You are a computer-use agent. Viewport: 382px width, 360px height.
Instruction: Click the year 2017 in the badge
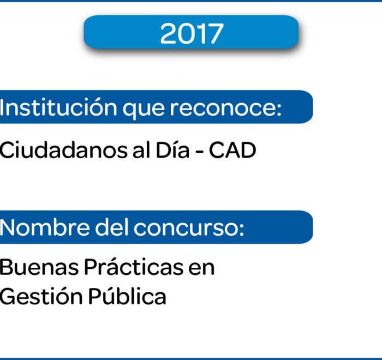[192, 33]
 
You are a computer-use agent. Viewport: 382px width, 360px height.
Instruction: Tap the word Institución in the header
[58, 107]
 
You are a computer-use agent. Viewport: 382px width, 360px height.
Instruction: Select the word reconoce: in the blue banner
[225, 108]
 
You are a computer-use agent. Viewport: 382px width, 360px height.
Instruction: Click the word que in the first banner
[144, 110]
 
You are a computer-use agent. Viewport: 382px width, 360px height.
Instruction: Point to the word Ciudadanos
[63, 151]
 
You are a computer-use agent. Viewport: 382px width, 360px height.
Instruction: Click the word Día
[172, 151]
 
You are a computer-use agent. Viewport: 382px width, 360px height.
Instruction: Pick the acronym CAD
[232, 151]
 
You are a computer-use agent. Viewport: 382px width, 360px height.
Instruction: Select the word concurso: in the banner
[189, 228]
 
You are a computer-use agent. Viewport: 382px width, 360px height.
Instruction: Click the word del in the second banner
[111, 227]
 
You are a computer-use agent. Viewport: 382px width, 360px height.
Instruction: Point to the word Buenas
[39, 267]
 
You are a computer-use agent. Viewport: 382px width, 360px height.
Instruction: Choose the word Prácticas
[134, 267]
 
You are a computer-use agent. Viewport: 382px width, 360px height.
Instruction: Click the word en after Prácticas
[201, 269]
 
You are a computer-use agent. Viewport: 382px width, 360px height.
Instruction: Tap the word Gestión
[41, 296]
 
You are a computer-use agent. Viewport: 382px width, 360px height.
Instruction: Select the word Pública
[127, 296]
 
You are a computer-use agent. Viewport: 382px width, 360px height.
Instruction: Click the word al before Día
[141, 150]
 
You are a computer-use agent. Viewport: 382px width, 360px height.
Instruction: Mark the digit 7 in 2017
[215, 34]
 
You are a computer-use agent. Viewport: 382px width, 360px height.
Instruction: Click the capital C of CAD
[217, 151]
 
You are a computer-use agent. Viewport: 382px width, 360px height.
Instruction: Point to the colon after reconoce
[279, 110]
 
